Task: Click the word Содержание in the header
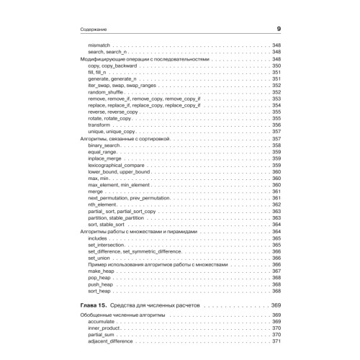click(x=91, y=30)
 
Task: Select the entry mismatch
click(x=98, y=45)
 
